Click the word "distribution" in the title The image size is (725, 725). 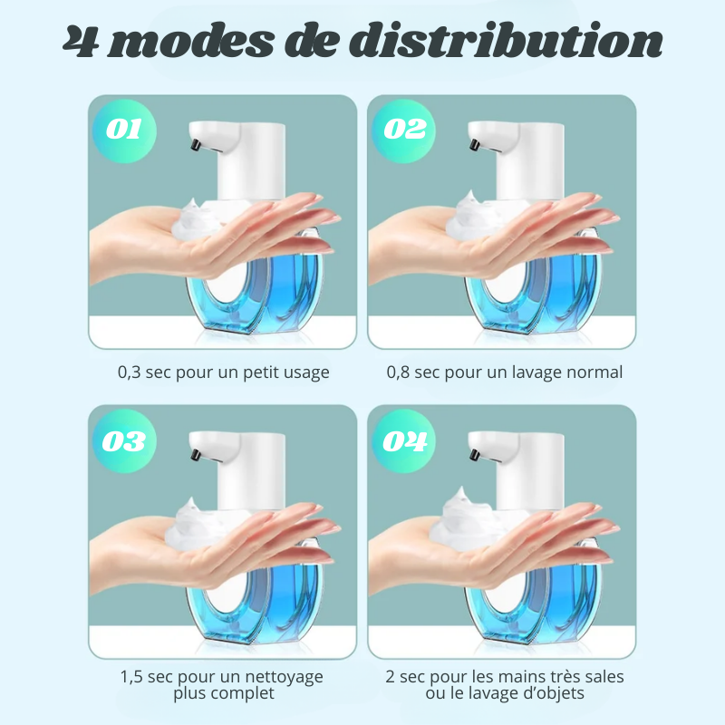[506, 41]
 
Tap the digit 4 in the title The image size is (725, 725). [80, 43]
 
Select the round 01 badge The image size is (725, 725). [124, 130]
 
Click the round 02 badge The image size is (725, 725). [403, 130]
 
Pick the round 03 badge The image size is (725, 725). [124, 440]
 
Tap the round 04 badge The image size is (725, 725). [403, 440]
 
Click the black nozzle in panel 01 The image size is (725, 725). [196, 144]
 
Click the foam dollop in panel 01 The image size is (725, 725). [199, 218]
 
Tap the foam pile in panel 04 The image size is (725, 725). [467, 517]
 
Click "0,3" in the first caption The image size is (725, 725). [130, 372]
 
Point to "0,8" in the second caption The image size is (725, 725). [398, 372]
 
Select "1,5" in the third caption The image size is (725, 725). [130, 677]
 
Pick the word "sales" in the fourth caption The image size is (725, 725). [604, 677]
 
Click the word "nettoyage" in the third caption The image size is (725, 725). [284, 678]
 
